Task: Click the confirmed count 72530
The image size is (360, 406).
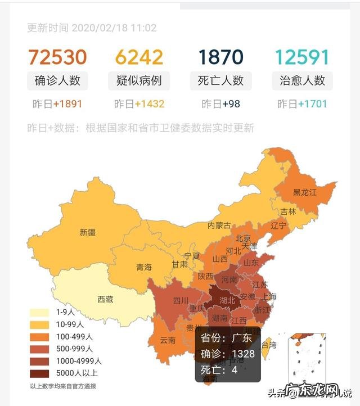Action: (x=57, y=57)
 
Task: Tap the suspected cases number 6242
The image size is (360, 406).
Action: (x=139, y=57)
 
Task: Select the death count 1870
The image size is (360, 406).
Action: (x=220, y=57)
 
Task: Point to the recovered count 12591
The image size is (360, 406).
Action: (x=302, y=57)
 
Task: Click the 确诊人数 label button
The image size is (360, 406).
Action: (x=57, y=80)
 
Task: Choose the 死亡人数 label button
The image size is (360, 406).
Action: (x=221, y=80)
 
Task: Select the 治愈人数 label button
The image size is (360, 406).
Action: (x=302, y=80)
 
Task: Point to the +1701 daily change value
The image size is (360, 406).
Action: (x=312, y=104)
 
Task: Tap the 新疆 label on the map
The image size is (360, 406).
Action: (x=87, y=232)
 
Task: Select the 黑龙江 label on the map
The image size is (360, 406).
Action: (x=304, y=192)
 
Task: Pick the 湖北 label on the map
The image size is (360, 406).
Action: (x=227, y=300)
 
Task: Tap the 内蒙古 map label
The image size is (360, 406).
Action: (x=219, y=225)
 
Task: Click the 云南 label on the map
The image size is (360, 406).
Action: (x=168, y=340)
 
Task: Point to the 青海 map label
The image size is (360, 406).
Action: (x=144, y=268)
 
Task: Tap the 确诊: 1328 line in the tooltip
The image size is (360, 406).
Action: (x=228, y=354)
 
